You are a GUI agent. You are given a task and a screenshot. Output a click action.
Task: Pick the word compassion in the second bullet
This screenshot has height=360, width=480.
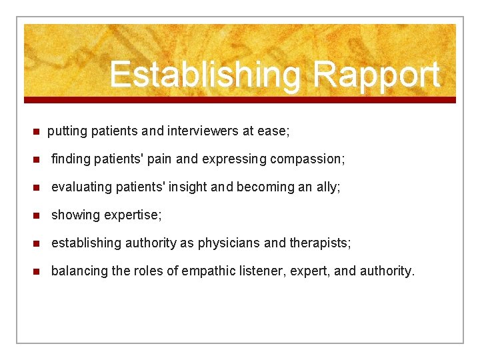click(311, 159)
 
